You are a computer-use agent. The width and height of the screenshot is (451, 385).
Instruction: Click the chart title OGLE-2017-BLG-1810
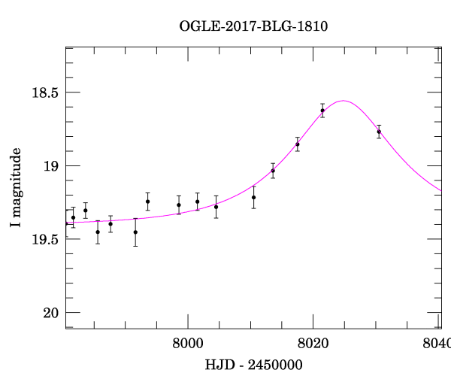[253, 26]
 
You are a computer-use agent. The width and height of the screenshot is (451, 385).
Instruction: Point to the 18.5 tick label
[45, 92]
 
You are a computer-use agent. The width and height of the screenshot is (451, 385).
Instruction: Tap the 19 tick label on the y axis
[51, 165]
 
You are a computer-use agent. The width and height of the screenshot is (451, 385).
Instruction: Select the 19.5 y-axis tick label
[45, 238]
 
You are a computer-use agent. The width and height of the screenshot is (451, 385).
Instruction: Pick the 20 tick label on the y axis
[51, 312]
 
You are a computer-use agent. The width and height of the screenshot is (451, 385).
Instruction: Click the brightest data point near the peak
[322, 111]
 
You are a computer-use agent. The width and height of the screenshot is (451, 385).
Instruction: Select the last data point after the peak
[379, 132]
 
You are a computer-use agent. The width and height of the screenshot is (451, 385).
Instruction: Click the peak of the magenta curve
[343, 100]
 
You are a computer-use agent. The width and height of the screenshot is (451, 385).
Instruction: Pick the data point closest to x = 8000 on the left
[179, 205]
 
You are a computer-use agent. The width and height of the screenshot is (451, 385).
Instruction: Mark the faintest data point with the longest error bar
[135, 232]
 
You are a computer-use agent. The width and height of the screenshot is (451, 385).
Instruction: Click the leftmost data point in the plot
[73, 217]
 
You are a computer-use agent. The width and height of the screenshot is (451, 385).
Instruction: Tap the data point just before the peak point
[298, 144]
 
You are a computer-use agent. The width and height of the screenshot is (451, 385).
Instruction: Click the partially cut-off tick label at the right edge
[440, 345]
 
